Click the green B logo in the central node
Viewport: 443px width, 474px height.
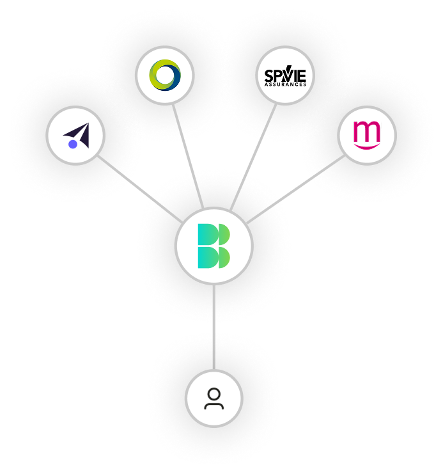(214, 246)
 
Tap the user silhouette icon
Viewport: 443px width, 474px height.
(214, 399)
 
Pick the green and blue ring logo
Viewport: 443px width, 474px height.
(164, 75)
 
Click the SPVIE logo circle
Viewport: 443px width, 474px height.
(285, 75)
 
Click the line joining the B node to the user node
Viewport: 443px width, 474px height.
(214, 326)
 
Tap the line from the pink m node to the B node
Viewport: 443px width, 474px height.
(295, 189)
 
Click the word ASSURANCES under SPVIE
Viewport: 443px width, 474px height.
(285, 84)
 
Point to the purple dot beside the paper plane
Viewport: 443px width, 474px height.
(73, 144)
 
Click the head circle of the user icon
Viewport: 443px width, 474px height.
(214, 393)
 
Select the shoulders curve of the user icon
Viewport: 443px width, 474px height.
(214, 406)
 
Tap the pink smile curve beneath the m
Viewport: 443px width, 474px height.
(367, 146)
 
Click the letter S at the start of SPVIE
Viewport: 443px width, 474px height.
(268, 75)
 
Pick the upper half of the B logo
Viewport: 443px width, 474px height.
(214, 234)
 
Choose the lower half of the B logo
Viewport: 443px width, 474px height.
(214, 257)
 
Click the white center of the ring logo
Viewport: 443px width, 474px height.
(166, 75)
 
